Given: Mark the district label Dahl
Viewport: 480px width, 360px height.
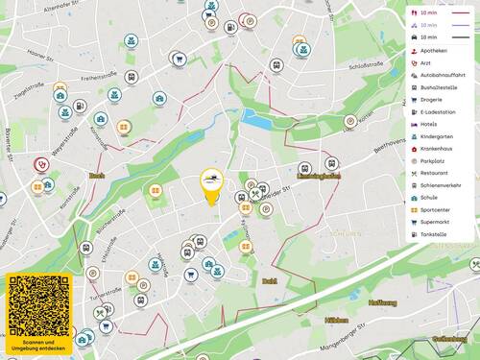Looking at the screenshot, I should tap(269, 281).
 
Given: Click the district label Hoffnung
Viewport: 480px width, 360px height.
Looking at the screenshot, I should tap(381, 302).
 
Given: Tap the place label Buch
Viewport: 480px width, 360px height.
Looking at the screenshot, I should tap(96, 176).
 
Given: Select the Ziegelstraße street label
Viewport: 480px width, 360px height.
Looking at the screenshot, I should tap(33, 92).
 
